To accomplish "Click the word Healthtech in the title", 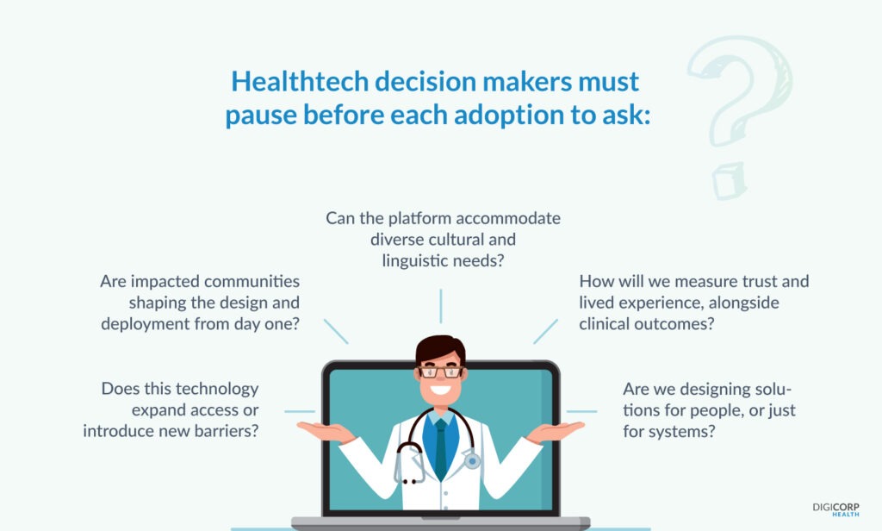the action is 299,82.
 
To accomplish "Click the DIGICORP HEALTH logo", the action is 835,509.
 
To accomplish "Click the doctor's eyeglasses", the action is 440,372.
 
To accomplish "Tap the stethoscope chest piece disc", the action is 473,461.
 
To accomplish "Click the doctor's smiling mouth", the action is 440,390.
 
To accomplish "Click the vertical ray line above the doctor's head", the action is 441,306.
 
